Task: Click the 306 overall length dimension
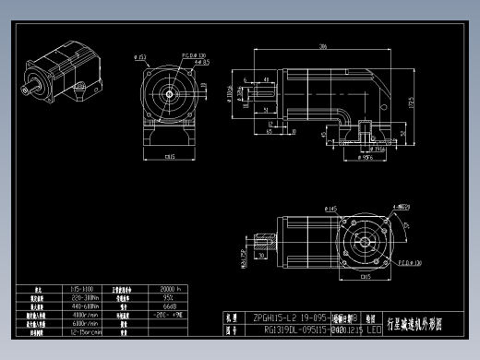pos(323,45)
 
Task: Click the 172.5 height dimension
pos(407,101)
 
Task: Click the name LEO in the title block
pos(373,328)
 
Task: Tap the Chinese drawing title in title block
pos(417,322)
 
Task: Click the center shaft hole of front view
pos(170,94)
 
